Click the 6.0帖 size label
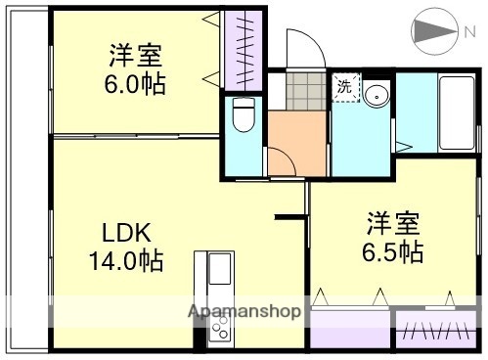pyautogui.click(x=135, y=83)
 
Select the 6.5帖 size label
pyautogui.click(x=393, y=252)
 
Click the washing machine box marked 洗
pyautogui.click(x=344, y=88)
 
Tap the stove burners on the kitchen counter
pyautogui.click(x=218, y=328)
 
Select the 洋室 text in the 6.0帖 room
pyautogui.click(x=135, y=55)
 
